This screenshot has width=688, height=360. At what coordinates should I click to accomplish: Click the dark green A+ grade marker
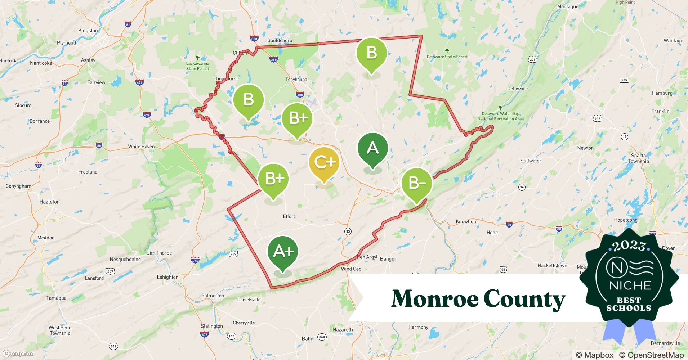click(x=283, y=251)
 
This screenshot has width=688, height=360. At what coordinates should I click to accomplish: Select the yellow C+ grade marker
click(x=324, y=163)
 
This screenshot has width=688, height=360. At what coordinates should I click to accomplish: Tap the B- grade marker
click(x=417, y=183)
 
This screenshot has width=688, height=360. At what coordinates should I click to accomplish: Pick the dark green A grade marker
click(x=372, y=148)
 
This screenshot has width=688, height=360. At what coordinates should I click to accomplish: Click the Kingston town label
click(x=88, y=31)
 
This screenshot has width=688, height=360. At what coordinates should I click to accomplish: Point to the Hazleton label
click(x=50, y=202)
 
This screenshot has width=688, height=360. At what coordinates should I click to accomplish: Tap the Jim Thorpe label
click(x=160, y=253)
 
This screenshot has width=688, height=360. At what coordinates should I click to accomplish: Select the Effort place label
click(x=289, y=216)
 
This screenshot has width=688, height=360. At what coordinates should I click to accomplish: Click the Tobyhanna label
click(x=296, y=80)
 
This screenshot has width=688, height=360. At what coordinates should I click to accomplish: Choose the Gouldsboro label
click(x=280, y=41)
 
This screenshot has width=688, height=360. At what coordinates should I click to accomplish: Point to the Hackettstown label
click(x=552, y=266)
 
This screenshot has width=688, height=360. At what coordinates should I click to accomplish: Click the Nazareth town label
click(x=343, y=330)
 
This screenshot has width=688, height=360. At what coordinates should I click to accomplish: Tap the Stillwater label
click(x=531, y=161)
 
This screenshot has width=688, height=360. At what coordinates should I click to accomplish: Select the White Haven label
click(x=141, y=147)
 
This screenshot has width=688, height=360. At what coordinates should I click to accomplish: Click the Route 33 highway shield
click(x=348, y=231)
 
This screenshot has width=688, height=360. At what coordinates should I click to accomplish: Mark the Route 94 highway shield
click(x=522, y=187)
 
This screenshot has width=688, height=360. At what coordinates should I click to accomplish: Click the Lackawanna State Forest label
click(x=197, y=66)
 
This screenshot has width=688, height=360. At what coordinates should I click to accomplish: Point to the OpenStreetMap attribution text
click(x=651, y=355)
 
